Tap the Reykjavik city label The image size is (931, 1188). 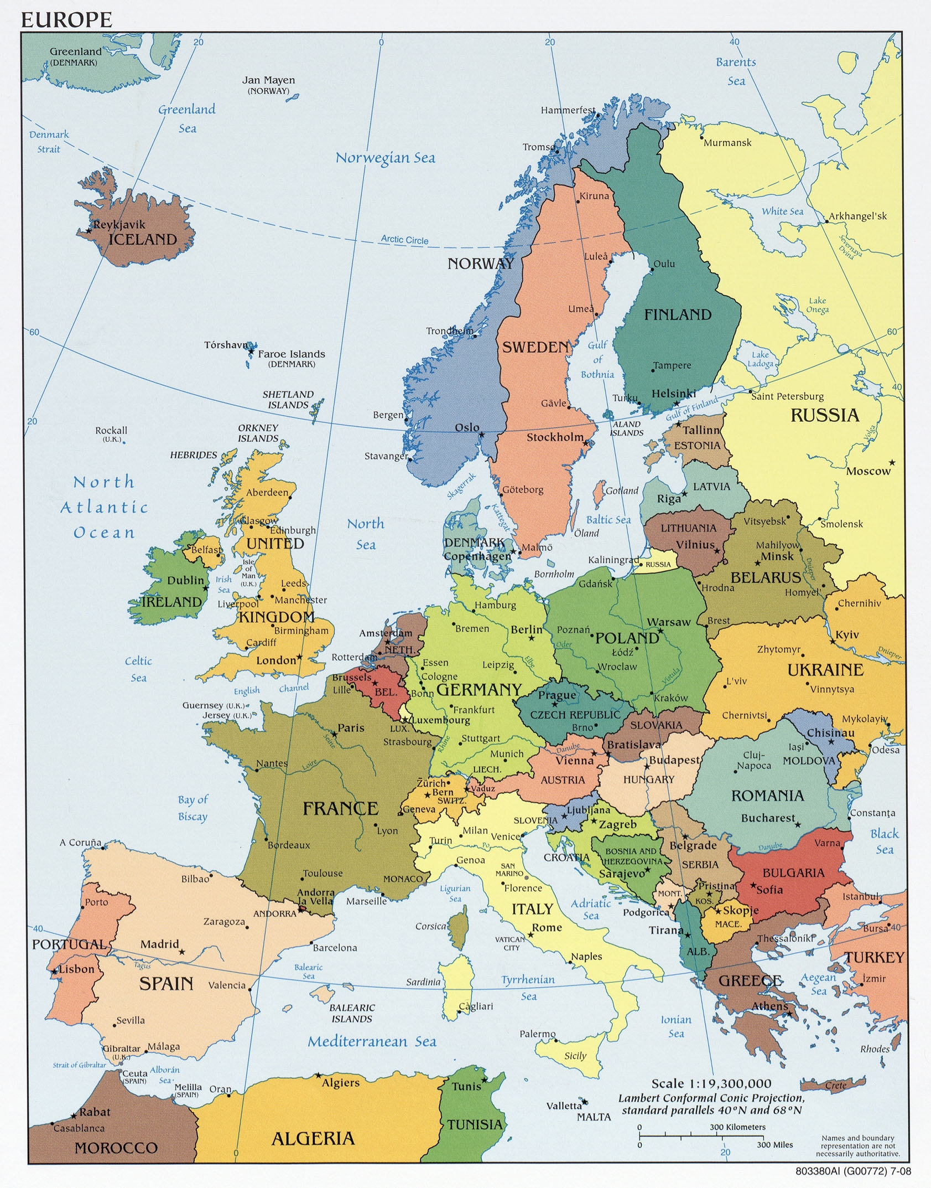[x=119, y=224]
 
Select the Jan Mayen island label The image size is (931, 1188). [x=268, y=80]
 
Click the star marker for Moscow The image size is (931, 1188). [x=891, y=462]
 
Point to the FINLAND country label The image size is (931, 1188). [x=678, y=314]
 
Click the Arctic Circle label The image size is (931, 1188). [x=404, y=239]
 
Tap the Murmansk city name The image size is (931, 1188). [x=727, y=143]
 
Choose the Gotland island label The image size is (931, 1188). [x=622, y=490]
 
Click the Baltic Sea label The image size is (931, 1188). [x=608, y=519]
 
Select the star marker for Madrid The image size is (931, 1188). [x=181, y=952]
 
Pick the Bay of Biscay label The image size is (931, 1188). [x=193, y=808]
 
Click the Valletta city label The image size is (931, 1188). [x=564, y=1106]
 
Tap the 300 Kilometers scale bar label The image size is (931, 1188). [x=737, y=1127]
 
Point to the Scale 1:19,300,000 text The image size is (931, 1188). [x=711, y=1083]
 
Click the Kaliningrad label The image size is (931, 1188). [x=613, y=560]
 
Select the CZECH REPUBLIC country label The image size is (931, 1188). [x=575, y=715]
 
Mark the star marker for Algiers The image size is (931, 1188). [x=319, y=1075]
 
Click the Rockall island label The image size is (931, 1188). [x=111, y=430]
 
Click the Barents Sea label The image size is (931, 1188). [x=736, y=71]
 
